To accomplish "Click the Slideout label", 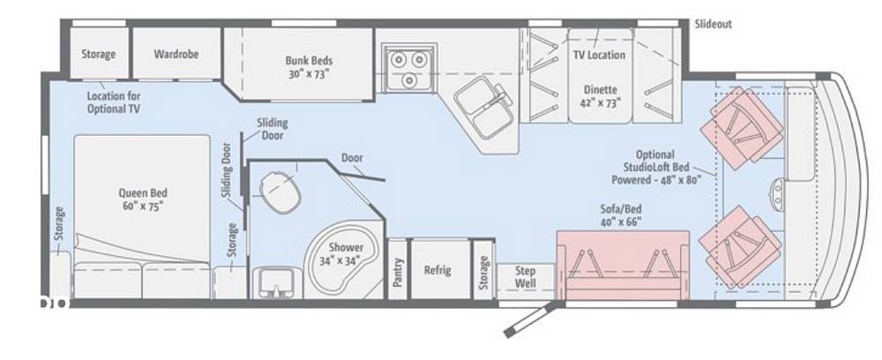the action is coord(714,24).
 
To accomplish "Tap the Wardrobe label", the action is coord(176,54).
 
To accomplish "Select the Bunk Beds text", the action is coord(309,60).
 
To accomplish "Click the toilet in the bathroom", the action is coord(280,191).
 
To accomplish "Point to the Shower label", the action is coord(346,247).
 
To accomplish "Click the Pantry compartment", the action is coord(398,269).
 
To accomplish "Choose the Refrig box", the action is coord(440,269).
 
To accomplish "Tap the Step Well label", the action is coord(526,277).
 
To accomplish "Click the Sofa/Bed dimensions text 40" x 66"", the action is coord(620,221).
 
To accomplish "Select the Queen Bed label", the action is coord(143,193).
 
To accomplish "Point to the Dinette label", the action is coord(600,89).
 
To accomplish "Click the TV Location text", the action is coord(599,55).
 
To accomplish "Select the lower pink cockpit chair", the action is coord(740,247).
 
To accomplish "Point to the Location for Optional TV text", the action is coord(114,102).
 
